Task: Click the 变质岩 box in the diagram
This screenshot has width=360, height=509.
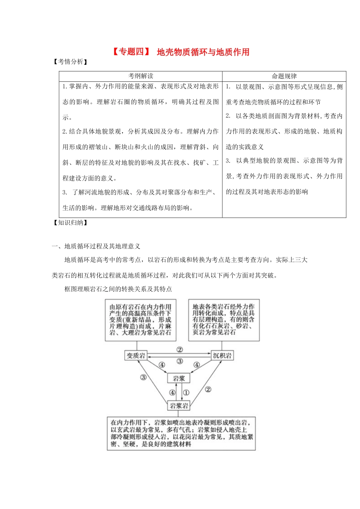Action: coord(136,356)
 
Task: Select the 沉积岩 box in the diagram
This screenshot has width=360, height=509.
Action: coord(222,356)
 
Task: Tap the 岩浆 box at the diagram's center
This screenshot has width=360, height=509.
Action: coord(179,378)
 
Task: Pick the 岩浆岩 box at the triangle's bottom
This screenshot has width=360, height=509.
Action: coord(179,406)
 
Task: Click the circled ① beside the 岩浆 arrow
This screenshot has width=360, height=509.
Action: coord(186,393)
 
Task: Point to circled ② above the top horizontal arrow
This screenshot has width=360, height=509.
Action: coord(180,350)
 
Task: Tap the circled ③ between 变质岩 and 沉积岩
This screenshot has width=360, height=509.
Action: coord(180,361)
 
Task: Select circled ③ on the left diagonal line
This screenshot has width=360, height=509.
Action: coord(143,377)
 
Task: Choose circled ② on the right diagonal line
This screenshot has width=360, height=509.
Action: coord(208,389)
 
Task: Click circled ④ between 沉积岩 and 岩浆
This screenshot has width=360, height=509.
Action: coord(196,365)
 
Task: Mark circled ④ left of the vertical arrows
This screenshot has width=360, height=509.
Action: coord(172,393)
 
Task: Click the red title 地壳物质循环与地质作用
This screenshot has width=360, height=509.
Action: coord(203,52)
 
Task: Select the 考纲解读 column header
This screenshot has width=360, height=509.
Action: coord(141,76)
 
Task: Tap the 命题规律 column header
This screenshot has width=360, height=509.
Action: coord(284,76)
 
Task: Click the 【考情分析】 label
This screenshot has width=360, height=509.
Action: coord(70,62)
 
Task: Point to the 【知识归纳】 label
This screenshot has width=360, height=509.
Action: coord(70,223)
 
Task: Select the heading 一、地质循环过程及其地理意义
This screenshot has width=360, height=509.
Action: coord(96,246)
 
